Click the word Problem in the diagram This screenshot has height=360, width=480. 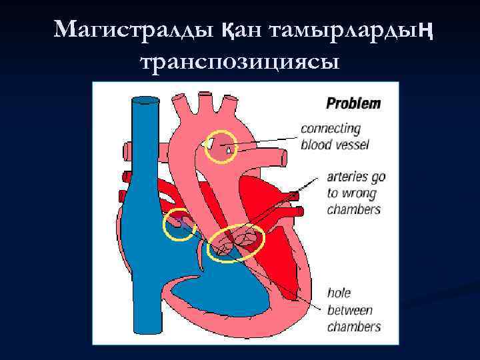tap(353, 103)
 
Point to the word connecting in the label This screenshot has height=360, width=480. tap(331, 129)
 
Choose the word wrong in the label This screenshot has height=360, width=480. tap(361, 193)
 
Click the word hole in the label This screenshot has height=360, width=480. tap(339, 293)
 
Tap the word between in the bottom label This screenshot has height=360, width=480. tap(349, 310)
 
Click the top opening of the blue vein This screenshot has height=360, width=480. tap(145, 101)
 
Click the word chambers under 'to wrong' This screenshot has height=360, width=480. tap(353, 209)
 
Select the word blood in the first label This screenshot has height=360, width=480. tap(315, 144)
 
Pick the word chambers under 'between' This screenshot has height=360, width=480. tap(353, 327)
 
